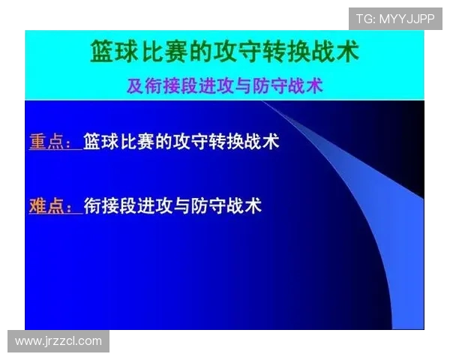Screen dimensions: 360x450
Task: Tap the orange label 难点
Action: [x=50, y=205]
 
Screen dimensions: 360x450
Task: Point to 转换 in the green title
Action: [x=280, y=52]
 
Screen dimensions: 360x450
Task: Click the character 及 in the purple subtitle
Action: [x=135, y=85]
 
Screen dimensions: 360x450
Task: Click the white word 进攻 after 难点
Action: [x=162, y=205]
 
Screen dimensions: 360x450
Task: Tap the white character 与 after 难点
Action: [x=192, y=205]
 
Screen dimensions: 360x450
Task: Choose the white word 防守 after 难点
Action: [x=221, y=205]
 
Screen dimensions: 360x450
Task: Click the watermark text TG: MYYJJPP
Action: [x=395, y=19]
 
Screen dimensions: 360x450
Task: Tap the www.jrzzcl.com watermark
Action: [x=58, y=341]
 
